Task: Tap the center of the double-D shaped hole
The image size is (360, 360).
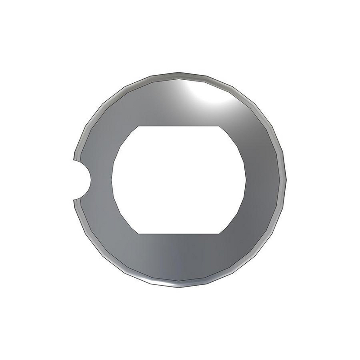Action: point(179,180)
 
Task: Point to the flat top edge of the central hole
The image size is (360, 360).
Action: point(179,126)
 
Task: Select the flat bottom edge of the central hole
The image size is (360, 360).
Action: point(179,234)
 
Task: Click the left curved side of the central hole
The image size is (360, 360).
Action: point(112,180)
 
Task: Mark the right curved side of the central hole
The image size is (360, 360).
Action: point(246,180)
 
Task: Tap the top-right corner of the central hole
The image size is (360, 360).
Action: point(220,126)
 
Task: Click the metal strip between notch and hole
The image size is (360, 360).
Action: point(102,180)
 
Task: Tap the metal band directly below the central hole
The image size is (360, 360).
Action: point(179,259)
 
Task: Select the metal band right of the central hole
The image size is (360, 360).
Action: point(265,180)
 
